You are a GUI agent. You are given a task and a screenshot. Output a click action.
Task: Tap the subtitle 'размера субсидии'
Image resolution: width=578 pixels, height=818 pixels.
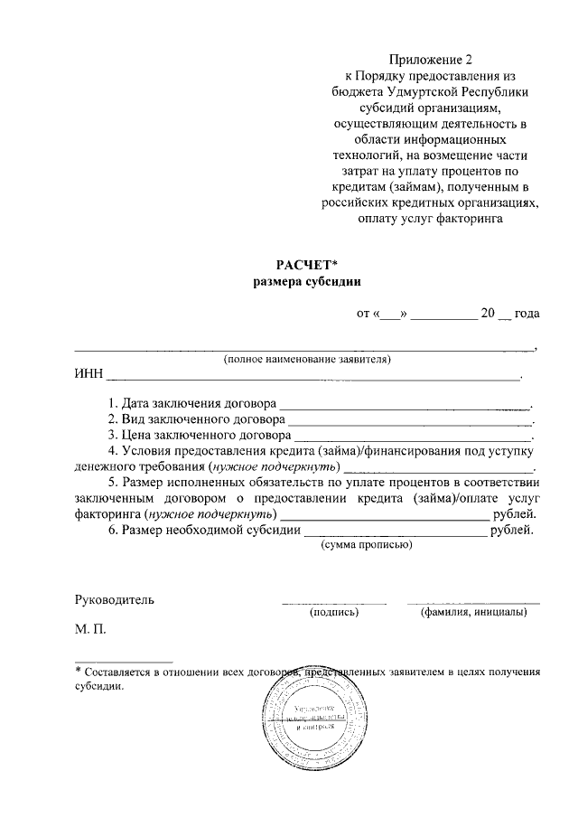[306, 282]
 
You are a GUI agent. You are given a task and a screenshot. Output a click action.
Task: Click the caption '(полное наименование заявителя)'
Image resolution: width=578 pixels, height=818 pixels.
[308, 359]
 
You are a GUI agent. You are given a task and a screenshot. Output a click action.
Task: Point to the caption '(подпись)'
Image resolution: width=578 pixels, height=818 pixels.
[334, 612]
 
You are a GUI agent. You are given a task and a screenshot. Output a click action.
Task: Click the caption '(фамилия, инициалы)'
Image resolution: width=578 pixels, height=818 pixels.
[474, 612]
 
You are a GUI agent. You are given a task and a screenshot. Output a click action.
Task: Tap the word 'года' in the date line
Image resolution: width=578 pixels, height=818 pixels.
[527, 315]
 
